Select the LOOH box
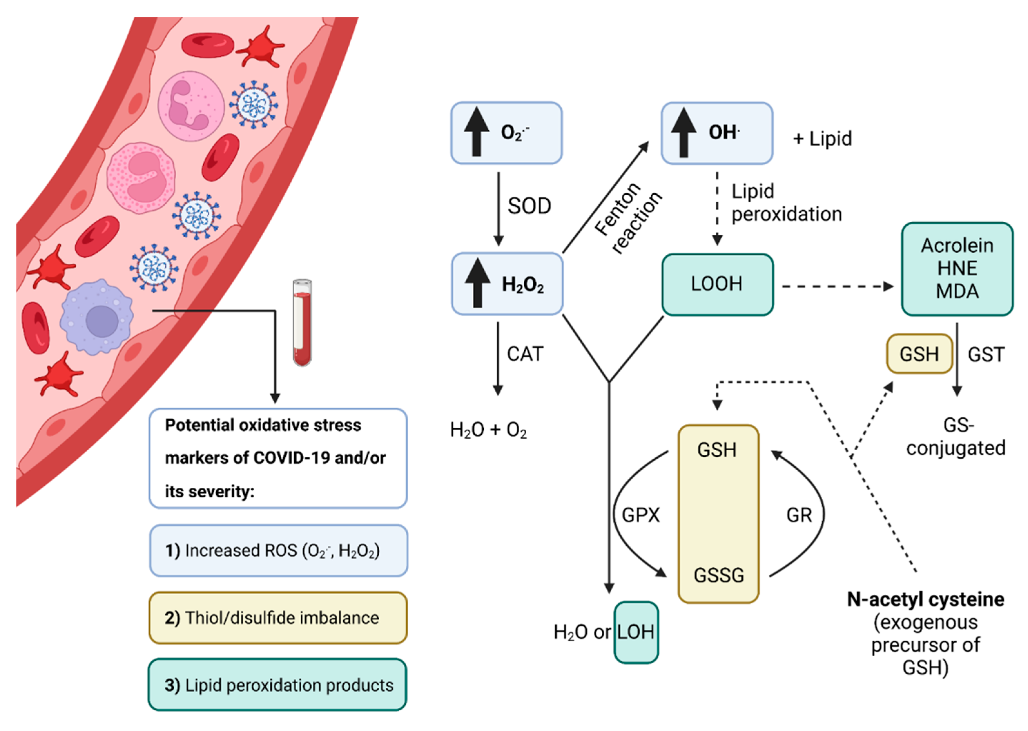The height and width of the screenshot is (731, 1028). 717,284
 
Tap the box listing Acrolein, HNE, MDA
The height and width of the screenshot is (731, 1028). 957,269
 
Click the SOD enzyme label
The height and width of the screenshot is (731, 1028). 529,206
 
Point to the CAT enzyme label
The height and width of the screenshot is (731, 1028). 525,354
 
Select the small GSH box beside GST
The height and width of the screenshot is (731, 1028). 919,354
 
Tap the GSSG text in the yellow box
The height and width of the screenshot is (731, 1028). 718,575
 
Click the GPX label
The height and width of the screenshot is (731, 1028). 640,515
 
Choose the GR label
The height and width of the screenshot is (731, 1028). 799,515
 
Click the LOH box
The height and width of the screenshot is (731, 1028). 636,632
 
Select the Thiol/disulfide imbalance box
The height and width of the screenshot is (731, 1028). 278,618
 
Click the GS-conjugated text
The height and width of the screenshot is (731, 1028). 956,437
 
